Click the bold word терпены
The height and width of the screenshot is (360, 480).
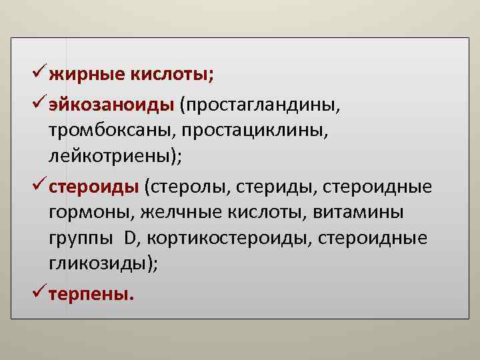tap(91, 293)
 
